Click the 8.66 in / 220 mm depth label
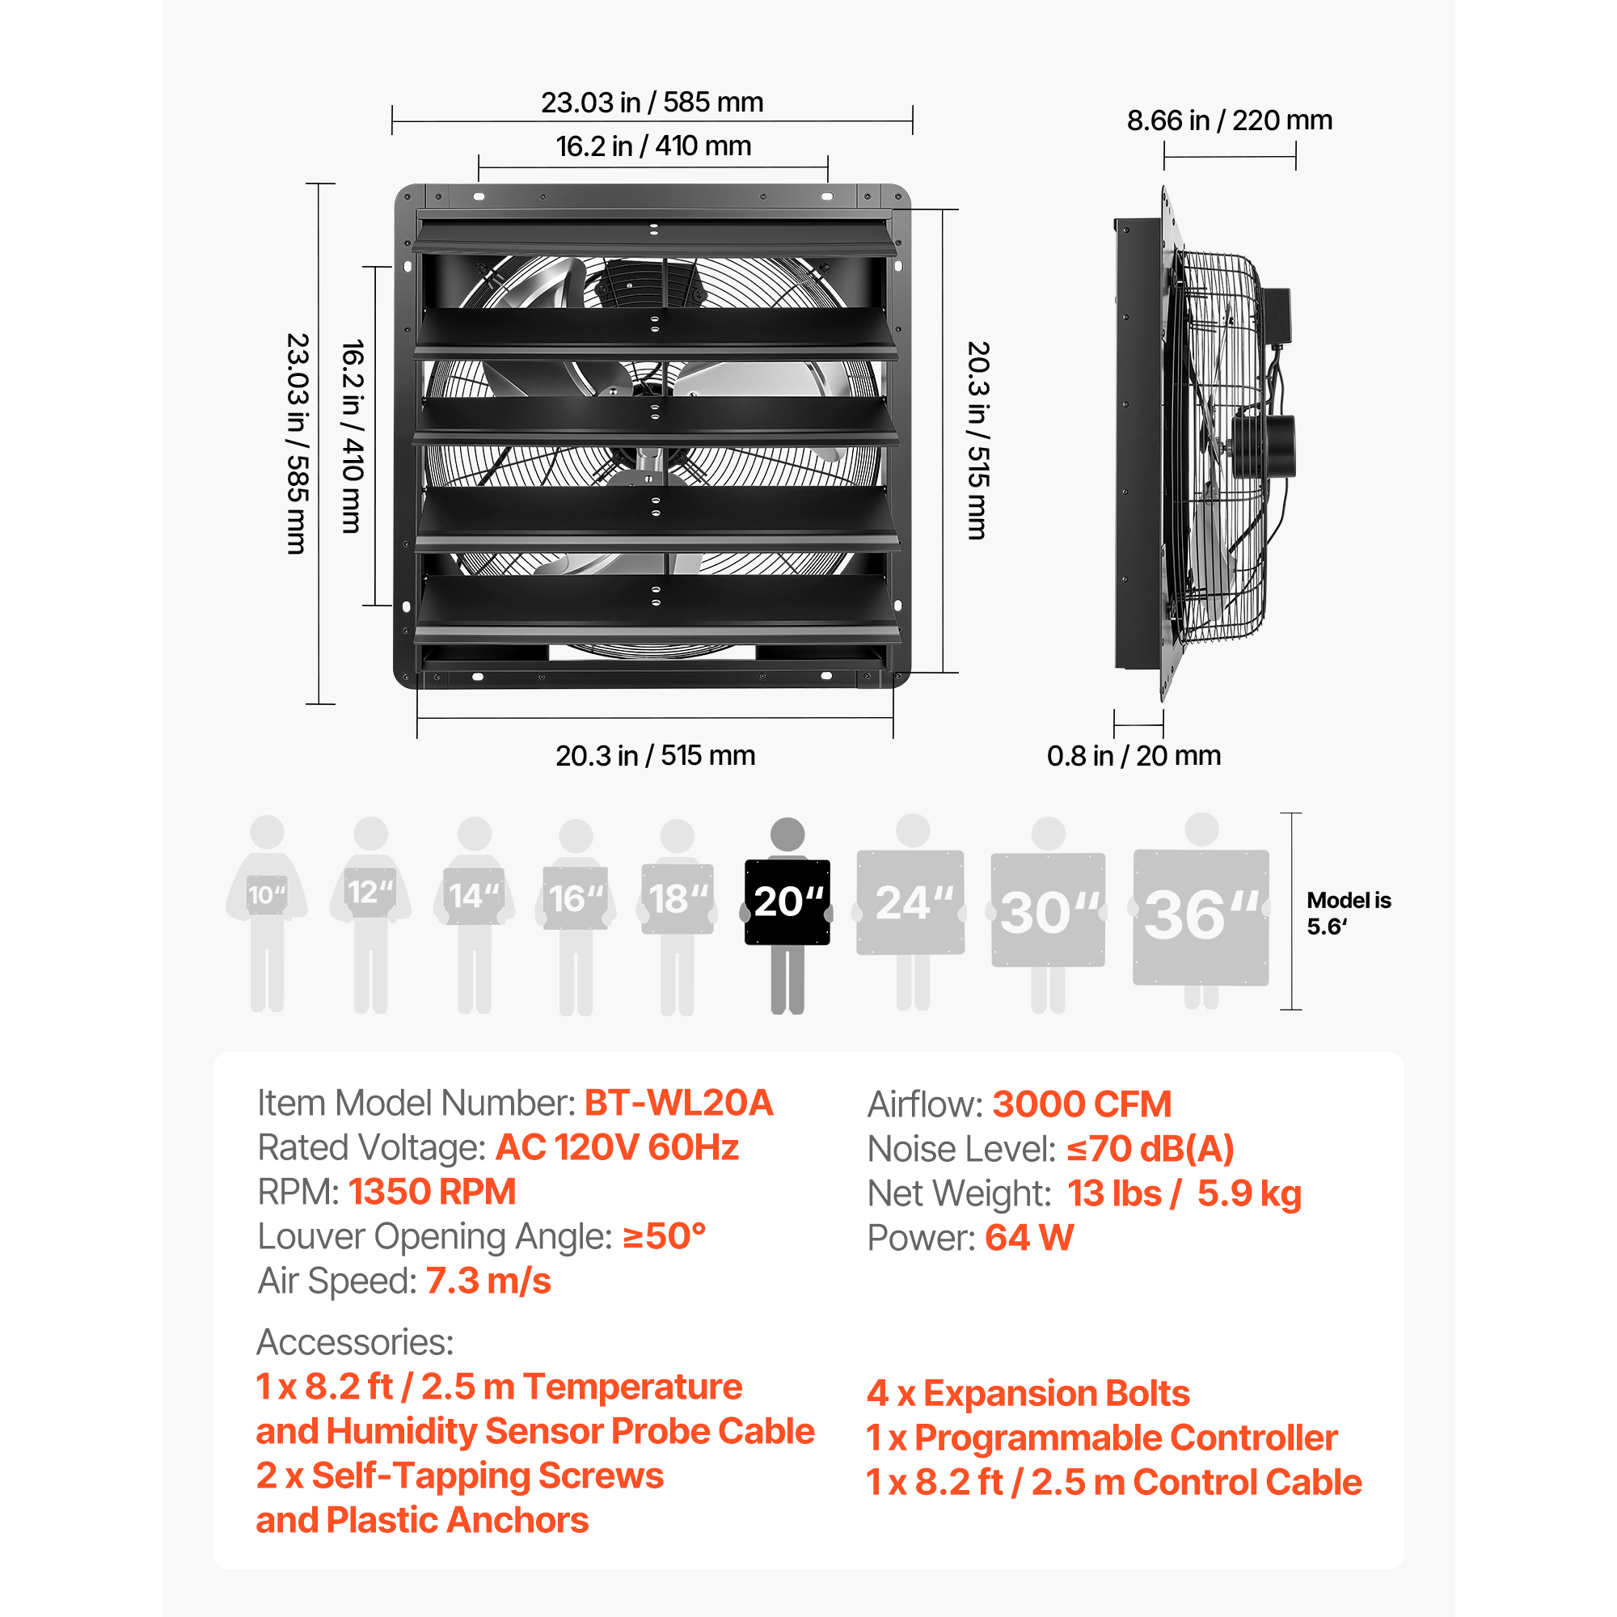coord(1229,120)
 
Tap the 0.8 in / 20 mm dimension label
coord(1134,756)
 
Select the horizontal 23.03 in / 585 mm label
coord(652,102)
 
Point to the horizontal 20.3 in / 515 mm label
coord(656,756)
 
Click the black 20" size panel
coord(787,902)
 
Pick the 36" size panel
coord(1201,918)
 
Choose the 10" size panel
coord(267,895)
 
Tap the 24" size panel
coord(910,902)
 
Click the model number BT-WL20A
coord(679,1103)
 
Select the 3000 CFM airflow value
coord(1081,1104)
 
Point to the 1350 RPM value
coord(432,1192)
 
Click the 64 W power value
coord(1029,1238)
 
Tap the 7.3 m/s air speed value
coord(488,1281)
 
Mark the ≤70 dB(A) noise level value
coord(1150,1149)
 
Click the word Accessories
coord(355,1342)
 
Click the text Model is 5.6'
coord(1349,913)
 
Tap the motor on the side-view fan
coord(1263,445)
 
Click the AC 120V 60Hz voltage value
coord(618,1147)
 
